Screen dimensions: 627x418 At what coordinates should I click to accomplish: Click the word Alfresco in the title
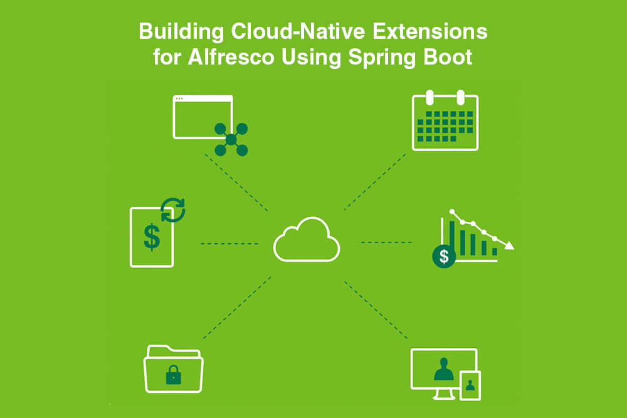pyautogui.click(x=231, y=57)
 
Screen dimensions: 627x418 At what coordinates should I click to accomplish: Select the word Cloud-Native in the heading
pyautogui.click(x=298, y=31)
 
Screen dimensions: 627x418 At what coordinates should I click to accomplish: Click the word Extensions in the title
pyautogui.click(x=430, y=31)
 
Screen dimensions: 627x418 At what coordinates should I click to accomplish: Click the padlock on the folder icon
pyautogui.click(x=174, y=375)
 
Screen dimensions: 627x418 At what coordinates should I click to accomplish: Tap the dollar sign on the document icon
pyautogui.click(x=152, y=238)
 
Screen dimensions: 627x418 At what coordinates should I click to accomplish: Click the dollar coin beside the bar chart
pyautogui.click(x=444, y=256)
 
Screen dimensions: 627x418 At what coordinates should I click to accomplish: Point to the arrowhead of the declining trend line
pyautogui.click(x=509, y=245)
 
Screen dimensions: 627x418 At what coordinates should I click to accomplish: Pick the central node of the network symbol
pyautogui.click(x=231, y=140)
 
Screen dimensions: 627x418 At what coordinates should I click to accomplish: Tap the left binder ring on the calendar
pyautogui.click(x=430, y=97)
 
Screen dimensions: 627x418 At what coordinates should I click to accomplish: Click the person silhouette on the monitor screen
pyautogui.click(x=444, y=369)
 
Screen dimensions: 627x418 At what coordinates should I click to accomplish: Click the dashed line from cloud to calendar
pyautogui.click(x=375, y=182)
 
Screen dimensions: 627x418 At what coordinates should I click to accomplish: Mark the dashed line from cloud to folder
pyautogui.click(x=237, y=308)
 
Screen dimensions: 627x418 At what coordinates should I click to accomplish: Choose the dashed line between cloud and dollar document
pyautogui.click(x=229, y=243)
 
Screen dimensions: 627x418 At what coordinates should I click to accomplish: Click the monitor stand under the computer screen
pyautogui.click(x=445, y=394)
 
